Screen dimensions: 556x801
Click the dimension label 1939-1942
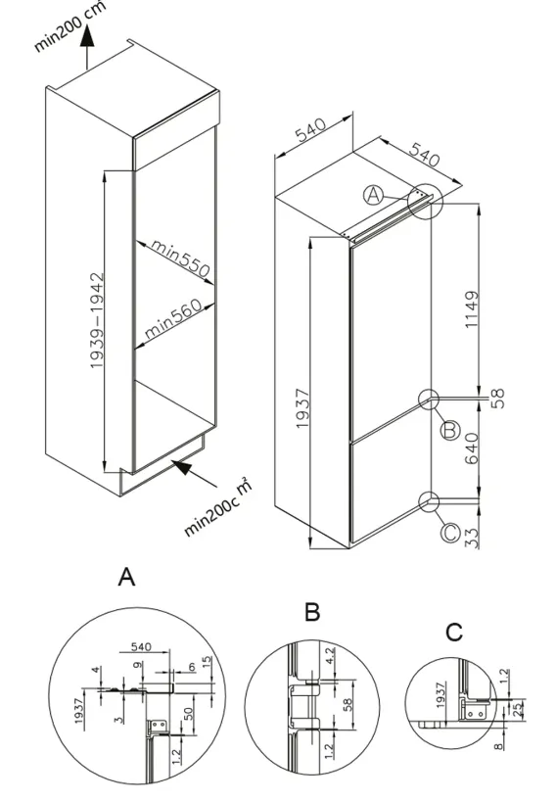pyautogui.click(x=97, y=321)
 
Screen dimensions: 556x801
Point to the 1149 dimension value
pyautogui.click(x=472, y=309)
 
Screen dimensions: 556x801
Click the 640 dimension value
pyautogui.click(x=472, y=448)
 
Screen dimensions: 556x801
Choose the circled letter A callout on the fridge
pyautogui.click(x=374, y=195)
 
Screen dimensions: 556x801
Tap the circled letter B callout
pyautogui.click(x=450, y=431)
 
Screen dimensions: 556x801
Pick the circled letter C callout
pyautogui.click(x=450, y=533)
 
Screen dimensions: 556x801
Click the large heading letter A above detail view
pyautogui.click(x=126, y=577)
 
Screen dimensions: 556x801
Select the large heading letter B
pyautogui.click(x=312, y=611)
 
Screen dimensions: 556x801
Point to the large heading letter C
pyautogui.click(x=454, y=633)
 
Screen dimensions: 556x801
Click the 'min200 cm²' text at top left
pyautogui.click(x=70, y=26)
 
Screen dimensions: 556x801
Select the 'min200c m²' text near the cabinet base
pyautogui.click(x=218, y=506)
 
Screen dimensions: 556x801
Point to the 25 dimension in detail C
pyautogui.click(x=518, y=711)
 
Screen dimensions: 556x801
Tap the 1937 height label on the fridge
pyautogui.click(x=302, y=408)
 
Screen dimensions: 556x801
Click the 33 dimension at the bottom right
pyautogui.click(x=473, y=538)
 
